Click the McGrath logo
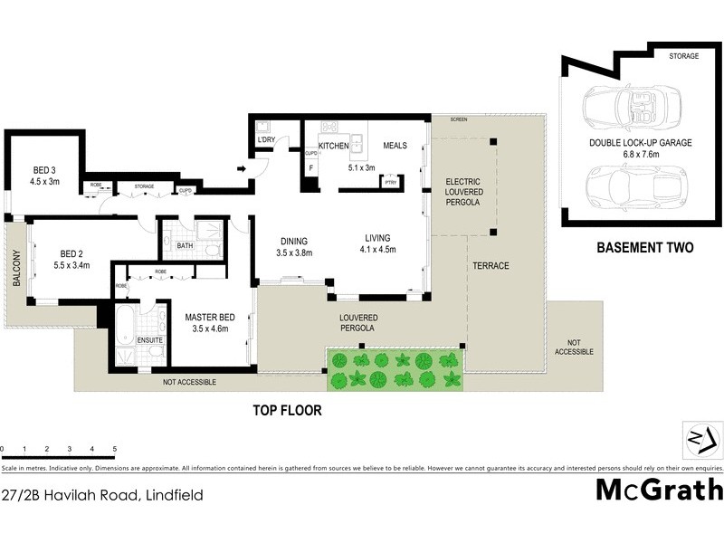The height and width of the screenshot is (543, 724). [x=659, y=490]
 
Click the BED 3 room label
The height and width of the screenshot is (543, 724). [x=45, y=169]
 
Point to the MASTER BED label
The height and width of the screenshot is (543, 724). [x=210, y=318]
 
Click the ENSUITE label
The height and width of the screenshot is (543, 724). [x=150, y=340]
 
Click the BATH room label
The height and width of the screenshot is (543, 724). [x=185, y=245]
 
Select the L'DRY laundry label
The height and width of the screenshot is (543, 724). [x=266, y=140]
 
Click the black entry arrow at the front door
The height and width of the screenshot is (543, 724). [x=242, y=167]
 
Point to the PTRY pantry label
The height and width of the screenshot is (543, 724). [x=391, y=181]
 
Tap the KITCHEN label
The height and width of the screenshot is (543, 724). [x=333, y=146]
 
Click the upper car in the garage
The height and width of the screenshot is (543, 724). [x=624, y=106]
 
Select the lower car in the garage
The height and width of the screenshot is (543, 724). [x=624, y=187]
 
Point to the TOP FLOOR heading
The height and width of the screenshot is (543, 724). [x=286, y=410]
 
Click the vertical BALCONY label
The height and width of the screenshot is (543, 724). [x=16, y=270]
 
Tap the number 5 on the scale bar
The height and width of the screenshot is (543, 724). [x=115, y=449]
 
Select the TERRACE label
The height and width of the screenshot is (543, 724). [x=491, y=266]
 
